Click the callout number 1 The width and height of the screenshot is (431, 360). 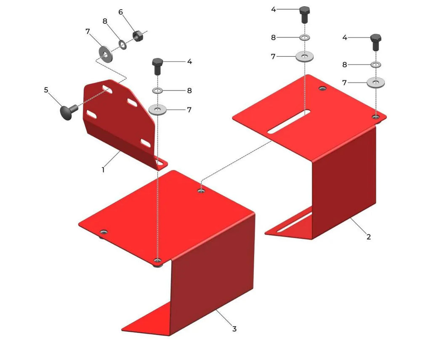pyautogui.click(x=103, y=170)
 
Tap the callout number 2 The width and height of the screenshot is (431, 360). pyautogui.click(x=369, y=236)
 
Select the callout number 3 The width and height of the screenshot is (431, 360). pyautogui.click(x=234, y=329)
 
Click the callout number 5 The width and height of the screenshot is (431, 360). pyautogui.click(x=46, y=90)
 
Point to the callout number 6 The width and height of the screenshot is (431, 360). pyautogui.click(x=120, y=12)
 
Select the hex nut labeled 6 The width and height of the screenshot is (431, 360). pyautogui.click(x=137, y=35)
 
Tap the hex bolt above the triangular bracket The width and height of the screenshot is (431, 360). pyautogui.click(x=157, y=66)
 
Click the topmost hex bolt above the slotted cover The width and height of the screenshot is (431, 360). pyautogui.click(x=305, y=15)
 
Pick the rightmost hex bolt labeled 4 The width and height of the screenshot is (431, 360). pyautogui.click(x=376, y=42)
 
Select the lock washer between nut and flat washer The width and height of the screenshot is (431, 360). pyautogui.click(x=122, y=45)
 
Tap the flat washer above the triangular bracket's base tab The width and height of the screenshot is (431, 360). pyautogui.click(x=157, y=110)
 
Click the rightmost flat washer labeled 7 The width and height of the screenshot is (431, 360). pyautogui.click(x=375, y=82)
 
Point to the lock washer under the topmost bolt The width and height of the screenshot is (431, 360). pyautogui.click(x=305, y=37)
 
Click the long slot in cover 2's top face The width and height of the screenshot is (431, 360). pyautogui.click(x=289, y=122)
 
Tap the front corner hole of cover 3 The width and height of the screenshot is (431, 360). pyautogui.click(x=157, y=260)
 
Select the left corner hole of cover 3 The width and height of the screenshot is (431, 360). pyautogui.click(x=104, y=232)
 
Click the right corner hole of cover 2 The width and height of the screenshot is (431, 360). pyautogui.click(x=375, y=117)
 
